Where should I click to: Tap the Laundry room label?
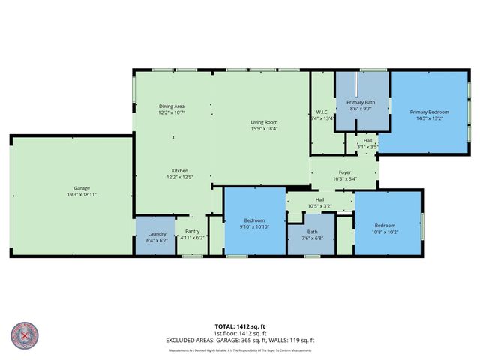click(x=157, y=232)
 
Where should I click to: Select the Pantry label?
click(x=192, y=232)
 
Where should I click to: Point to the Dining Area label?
click(x=172, y=106)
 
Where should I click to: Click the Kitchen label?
click(x=180, y=171)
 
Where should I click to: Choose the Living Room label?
click(x=264, y=122)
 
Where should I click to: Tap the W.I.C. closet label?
click(x=322, y=112)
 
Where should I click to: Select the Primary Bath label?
click(x=361, y=102)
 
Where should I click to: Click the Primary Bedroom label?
click(x=427, y=112)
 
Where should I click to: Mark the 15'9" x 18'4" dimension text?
click(x=264, y=128)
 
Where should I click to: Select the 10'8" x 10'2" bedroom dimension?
click(x=385, y=231)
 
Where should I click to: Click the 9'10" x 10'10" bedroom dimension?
click(x=254, y=226)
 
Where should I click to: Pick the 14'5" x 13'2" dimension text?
click(x=427, y=118)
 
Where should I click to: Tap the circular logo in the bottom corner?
click(x=26, y=337)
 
